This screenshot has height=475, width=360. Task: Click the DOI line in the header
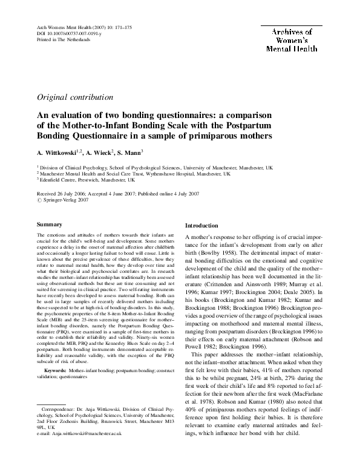click(61, 33)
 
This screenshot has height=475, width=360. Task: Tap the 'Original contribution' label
click(69, 97)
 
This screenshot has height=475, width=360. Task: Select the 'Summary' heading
click(50, 224)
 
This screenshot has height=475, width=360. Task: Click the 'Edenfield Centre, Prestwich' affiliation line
click(87, 180)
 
